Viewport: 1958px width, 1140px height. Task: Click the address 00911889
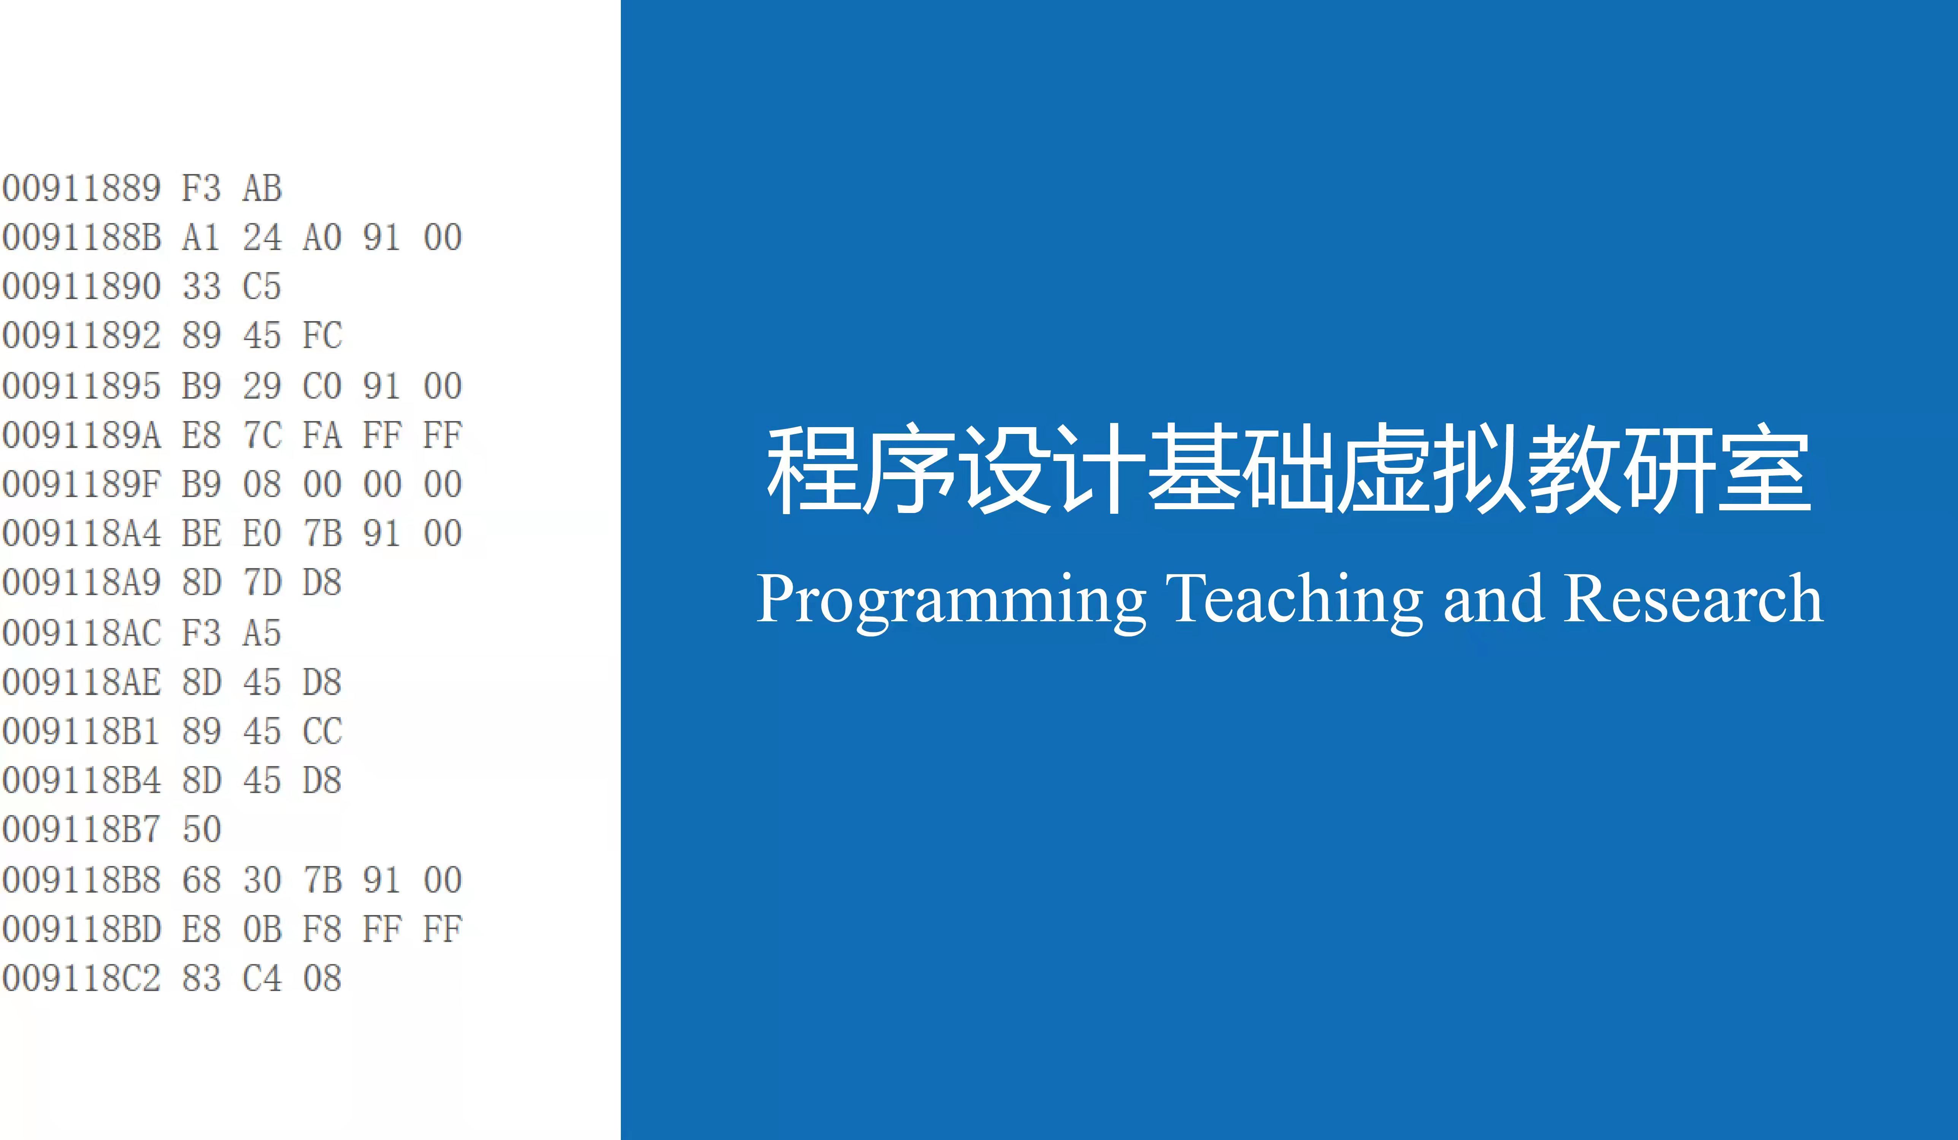(x=81, y=188)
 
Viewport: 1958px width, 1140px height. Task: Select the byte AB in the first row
(x=262, y=188)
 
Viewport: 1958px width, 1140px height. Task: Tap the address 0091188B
(x=81, y=237)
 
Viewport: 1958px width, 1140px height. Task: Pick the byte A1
(x=201, y=237)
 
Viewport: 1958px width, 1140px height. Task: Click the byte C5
(x=262, y=287)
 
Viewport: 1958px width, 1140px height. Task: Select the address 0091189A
(x=81, y=435)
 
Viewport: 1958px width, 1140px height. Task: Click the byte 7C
(x=262, y=435)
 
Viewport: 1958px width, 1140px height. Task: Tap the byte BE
(x=201, y=534)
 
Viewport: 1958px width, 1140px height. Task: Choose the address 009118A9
(x=81, y=583)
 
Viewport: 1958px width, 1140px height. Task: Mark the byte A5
(x=262, y=633)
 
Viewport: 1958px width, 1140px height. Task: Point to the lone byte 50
(x=201, y=830)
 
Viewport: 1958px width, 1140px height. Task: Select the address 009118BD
(x=81, y=929)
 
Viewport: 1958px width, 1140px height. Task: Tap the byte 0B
(x=262, y=929)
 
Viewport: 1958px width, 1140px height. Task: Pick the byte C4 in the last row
(x=262, y=978)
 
